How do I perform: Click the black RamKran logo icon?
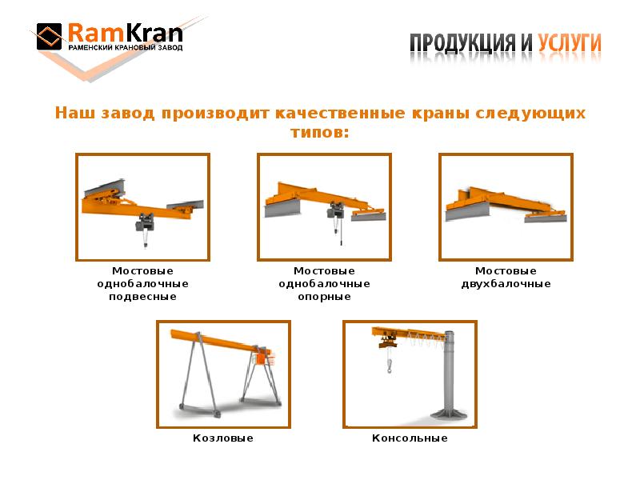[49, 36]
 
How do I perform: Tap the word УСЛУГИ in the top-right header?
[569, 43]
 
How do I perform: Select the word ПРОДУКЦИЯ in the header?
[463, 44]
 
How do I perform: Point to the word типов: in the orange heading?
[320, 133]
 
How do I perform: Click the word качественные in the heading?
[341, 113]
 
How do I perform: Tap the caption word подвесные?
[143, 297]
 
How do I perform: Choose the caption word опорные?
[325, 297]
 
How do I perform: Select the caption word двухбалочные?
[506, 284]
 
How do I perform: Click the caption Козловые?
[223, 438]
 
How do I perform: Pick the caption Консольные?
[410, 438]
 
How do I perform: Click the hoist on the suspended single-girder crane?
[145, 222]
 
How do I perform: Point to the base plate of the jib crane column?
[448, 413]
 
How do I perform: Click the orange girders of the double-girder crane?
[506, 201]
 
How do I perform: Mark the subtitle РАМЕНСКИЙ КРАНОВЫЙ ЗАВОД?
[126, 48]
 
